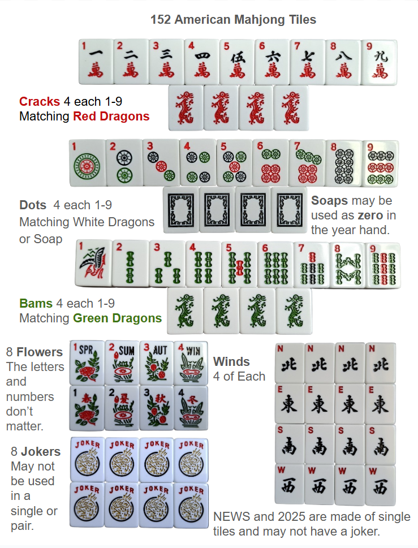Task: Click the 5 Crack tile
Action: [237, 62]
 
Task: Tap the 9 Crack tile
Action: [379, 62]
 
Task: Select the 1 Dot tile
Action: [87, 163]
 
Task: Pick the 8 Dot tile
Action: [344, 164]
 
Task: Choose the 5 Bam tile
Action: [239, 264]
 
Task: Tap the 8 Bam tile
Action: [348, 265]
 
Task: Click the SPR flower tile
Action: [87, 363]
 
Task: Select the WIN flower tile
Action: [191, 363]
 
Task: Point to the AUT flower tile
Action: [157, 363]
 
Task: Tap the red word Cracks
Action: [40, 101]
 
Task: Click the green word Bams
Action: [36, 303]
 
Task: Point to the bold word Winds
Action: [231, 361]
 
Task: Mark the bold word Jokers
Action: [41, 451]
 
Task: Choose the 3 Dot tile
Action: [161, 163]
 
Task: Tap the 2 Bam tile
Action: [130, 263]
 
